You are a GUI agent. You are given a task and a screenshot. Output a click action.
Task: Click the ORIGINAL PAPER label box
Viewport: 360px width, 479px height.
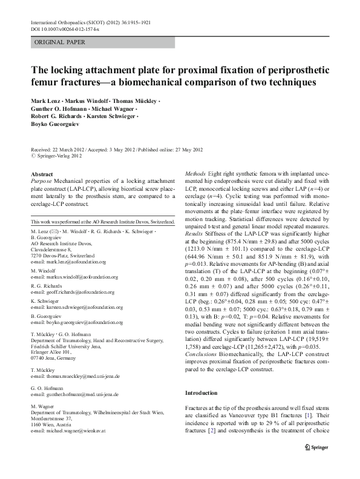pos(60,42)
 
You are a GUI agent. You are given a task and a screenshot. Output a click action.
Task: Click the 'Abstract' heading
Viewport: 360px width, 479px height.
pos(41,174)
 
